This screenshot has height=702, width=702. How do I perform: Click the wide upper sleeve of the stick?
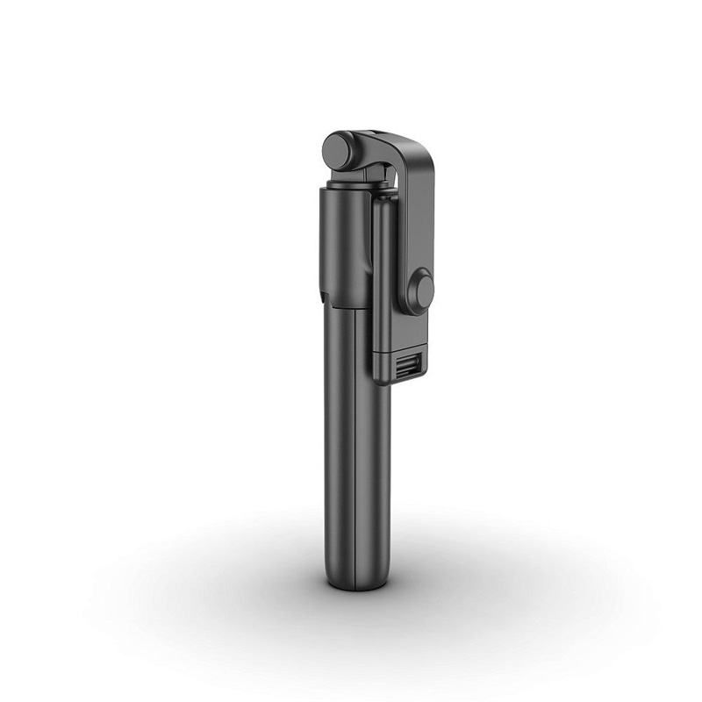344,246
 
